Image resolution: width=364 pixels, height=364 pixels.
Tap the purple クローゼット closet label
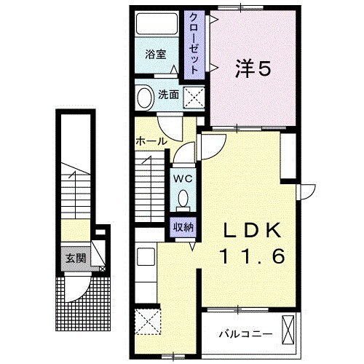195,44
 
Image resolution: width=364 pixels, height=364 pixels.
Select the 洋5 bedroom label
253,68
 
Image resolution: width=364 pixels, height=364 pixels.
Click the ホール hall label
151,140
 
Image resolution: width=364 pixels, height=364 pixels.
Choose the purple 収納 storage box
183,226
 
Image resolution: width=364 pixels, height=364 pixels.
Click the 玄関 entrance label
75,257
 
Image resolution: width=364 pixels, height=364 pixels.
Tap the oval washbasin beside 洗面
145,97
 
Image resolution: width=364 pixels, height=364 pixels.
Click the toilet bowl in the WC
183,198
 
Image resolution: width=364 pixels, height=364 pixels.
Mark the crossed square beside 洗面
194,96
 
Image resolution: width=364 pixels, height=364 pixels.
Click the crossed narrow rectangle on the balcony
290,332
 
